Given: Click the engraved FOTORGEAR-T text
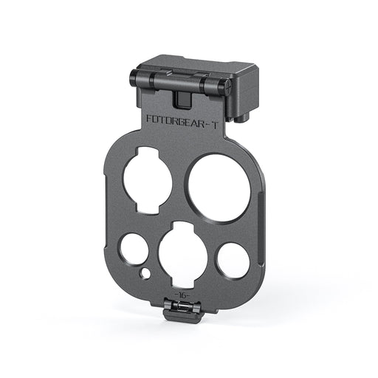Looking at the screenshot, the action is coord(182,119).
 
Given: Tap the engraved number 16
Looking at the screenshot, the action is coord(182,295).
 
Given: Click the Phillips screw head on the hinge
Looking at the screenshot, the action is coord(228,87).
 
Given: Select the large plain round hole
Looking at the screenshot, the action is coord(219,188).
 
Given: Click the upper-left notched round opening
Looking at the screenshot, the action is coord(147,179).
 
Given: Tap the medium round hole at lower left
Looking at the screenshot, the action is coord(134,250).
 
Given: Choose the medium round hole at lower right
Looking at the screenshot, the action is coord(233,261).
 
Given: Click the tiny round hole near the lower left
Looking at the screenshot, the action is coord(145,273).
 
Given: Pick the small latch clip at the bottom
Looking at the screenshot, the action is coord(182,311).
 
